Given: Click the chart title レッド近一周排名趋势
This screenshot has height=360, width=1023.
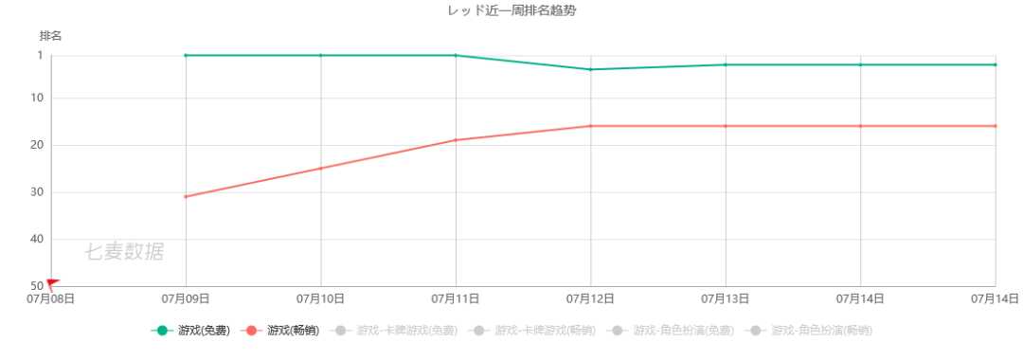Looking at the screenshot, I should click(511, 10).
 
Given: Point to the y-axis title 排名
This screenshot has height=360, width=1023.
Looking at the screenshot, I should click(51, 35).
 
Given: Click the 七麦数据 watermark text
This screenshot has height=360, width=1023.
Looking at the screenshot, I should click(123, 252).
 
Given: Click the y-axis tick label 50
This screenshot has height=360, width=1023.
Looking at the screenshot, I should click(36, 286).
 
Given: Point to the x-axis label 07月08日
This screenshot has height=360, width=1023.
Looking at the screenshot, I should click(50, 298).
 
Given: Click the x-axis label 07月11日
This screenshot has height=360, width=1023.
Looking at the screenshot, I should click(456, 298).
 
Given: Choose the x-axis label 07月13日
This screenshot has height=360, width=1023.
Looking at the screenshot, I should click(726, 298).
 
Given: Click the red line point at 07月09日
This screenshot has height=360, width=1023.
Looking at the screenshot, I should click(186, 196).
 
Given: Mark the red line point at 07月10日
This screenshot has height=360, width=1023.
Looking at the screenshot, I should click(321, 169).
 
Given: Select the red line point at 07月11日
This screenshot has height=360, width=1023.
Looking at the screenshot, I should click(456, 140).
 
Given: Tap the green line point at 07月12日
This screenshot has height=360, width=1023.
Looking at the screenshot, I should click(591, 69).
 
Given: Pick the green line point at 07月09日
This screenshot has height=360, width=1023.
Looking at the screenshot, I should click(186, 55).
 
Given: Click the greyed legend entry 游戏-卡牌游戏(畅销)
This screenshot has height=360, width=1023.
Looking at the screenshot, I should click(532, 331).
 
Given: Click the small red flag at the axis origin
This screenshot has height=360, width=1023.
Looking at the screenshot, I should click(52, 282).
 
